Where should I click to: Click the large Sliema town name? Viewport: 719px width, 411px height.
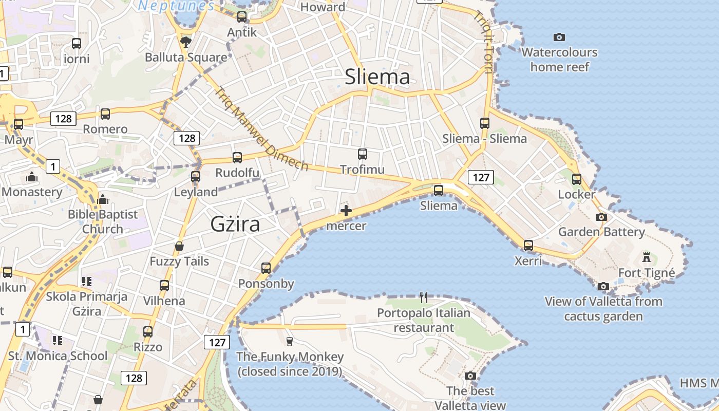tap(377, 77)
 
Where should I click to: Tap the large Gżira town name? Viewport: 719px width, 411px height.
tap(235, 225)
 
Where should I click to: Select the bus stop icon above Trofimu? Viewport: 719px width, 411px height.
tap(363, 154)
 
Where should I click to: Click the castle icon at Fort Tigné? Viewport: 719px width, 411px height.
tap(647, 256)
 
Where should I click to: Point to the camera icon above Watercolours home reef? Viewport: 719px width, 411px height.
tap(559, 37)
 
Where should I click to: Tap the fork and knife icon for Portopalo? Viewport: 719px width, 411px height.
tap(424, 297)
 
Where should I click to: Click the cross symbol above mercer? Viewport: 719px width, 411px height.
tap(346, 210)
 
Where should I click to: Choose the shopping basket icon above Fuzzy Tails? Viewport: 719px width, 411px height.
tap(179, 246)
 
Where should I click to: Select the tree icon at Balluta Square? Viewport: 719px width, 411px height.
tap(186, 42)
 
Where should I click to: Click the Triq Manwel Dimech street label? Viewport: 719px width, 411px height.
tap(261, 129)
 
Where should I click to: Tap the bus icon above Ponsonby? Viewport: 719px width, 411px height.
tap(266, 268)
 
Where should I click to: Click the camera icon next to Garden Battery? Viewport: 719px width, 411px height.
tap(601, 217)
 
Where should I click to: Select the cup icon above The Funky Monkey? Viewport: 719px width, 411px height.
tap(290, 341)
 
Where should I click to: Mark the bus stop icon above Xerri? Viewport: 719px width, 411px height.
tap(528, 246)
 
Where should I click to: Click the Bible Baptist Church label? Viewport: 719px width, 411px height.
tap(103, 221)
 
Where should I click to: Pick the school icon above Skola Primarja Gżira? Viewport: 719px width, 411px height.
tap(86, 282)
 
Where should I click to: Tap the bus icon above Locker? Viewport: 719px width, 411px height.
tap(577, 179)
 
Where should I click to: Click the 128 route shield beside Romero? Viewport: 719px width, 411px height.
tap(64, 119)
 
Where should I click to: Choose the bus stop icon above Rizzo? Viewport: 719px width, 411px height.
tap(148, 332)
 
